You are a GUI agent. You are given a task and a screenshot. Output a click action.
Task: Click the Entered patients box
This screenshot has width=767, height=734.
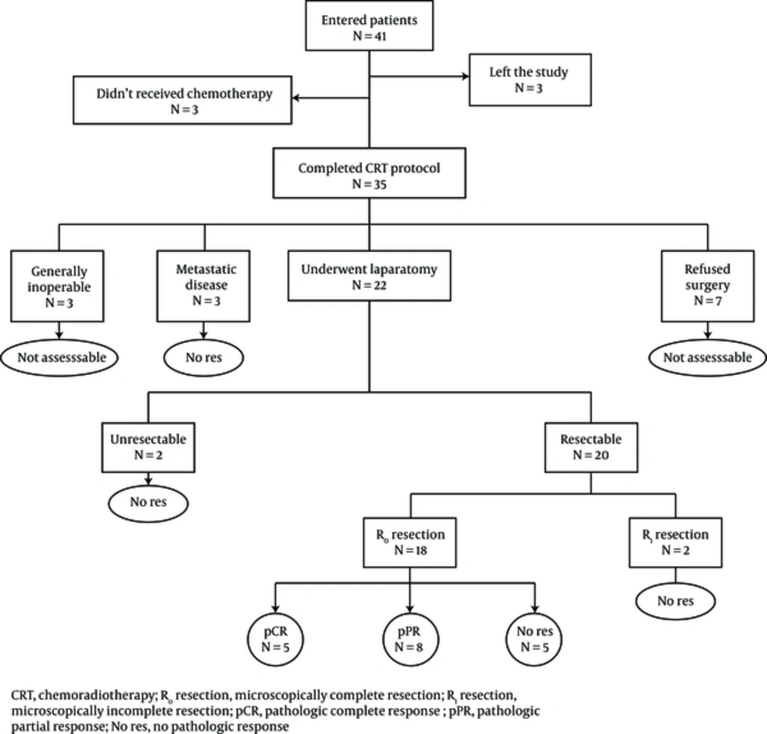click(370, 25)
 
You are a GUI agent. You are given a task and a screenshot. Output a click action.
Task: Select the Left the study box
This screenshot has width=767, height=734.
click(530, 80)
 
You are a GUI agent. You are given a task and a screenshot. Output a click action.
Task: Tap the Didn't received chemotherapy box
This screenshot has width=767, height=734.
click(183, 100)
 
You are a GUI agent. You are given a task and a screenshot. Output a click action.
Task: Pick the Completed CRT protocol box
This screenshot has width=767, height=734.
click(370, 173)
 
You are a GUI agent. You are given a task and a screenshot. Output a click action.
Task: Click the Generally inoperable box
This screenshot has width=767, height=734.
click(58, 286)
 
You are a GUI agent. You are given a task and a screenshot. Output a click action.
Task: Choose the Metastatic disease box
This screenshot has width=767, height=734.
click(203, 286)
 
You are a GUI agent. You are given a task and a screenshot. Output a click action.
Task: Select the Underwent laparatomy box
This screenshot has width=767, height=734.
click(370, 275)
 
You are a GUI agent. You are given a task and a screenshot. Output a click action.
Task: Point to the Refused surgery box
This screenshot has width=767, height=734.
click(708, 286)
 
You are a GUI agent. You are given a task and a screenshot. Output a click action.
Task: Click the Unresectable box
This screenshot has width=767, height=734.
click(148, 447)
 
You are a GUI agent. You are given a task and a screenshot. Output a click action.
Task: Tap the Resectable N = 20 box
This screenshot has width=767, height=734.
click(591, 447)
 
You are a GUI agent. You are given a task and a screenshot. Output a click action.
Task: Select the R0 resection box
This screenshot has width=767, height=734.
click(410, 542)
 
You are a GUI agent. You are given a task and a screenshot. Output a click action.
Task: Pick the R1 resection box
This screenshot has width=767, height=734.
click(676, 542)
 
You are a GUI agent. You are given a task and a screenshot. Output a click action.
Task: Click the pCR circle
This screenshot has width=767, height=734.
click(275, 639)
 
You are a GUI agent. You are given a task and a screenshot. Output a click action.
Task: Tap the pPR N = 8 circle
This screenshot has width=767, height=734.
click(410, 639)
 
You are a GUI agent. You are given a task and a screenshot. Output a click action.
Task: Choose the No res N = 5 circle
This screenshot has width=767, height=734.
click(534, 639)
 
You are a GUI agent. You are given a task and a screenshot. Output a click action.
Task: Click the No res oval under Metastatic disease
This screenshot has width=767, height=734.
click(203, 357)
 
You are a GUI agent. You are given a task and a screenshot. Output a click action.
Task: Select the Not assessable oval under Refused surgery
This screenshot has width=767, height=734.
click(707, 357)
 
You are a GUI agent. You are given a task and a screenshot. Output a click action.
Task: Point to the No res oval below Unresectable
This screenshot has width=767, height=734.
click(148, 502)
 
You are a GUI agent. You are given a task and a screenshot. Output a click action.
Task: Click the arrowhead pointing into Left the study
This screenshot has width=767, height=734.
click(465, 76)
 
